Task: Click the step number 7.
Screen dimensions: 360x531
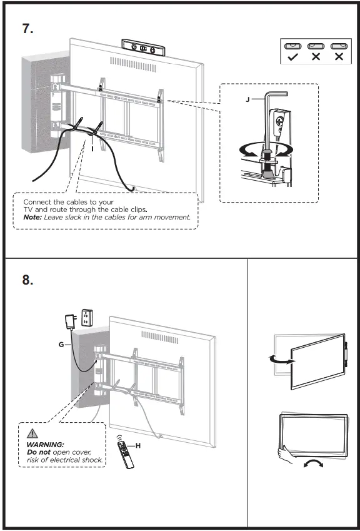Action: [27, 28]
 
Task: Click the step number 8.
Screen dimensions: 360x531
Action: [27, 280]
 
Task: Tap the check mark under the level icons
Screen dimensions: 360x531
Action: [292, 57]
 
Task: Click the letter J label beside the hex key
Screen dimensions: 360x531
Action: [248, 100]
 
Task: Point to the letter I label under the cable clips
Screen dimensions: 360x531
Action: [92, 149]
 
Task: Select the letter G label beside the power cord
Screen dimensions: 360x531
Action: [61, 345]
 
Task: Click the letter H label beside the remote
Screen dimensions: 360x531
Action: [137, 446]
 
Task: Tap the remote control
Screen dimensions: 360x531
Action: [125, 455]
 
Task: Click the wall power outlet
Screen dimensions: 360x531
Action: [87, 317]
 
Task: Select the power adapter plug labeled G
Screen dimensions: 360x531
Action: [71, 321]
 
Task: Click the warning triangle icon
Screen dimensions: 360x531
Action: [32, 433]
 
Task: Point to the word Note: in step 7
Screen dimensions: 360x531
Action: [32, 217]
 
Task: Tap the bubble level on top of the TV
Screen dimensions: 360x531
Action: [144, 48]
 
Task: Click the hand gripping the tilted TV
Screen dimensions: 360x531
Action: [285, 455]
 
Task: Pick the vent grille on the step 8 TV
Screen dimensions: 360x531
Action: [160, 337]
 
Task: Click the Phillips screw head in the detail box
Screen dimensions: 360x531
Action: [280, 121]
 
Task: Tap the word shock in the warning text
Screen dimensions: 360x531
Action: [92, 460]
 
